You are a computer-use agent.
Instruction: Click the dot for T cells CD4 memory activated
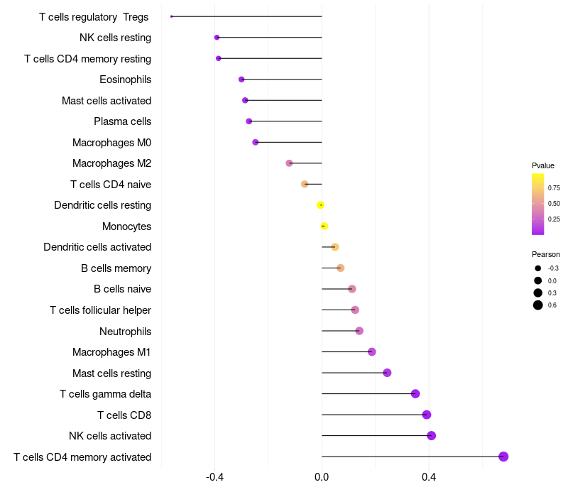[x=503, y=457]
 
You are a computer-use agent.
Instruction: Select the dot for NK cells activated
[x=431, y=436]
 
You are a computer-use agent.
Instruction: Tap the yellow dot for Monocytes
[x=324, y=226]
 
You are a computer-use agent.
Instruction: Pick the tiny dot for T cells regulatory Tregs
[x=172, y=16]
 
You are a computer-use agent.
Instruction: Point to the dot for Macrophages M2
[x=289, y=163]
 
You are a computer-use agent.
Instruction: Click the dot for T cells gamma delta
[x=415, y=394]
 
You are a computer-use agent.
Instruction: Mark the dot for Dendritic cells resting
[x=321, y=205]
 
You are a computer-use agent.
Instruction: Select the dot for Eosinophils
[x=241, y=80]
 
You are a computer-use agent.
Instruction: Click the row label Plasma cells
[x=122, y=121]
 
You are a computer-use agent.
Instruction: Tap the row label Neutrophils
[x=125, y=332]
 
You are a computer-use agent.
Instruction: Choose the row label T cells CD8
[x=124, y=415]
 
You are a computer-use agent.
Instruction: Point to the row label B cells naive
[x=122, y=289]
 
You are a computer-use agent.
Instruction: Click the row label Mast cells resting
[x=111, y=373]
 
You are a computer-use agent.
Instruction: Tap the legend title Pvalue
[x=543, y=165]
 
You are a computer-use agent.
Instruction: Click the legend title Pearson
[x=546, y=254]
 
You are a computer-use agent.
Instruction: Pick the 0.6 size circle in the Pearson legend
[x=538, y=305]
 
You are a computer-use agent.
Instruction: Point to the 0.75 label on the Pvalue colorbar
[x=554, y=188]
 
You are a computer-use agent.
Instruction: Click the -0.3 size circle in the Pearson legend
[x=538, y=268]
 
